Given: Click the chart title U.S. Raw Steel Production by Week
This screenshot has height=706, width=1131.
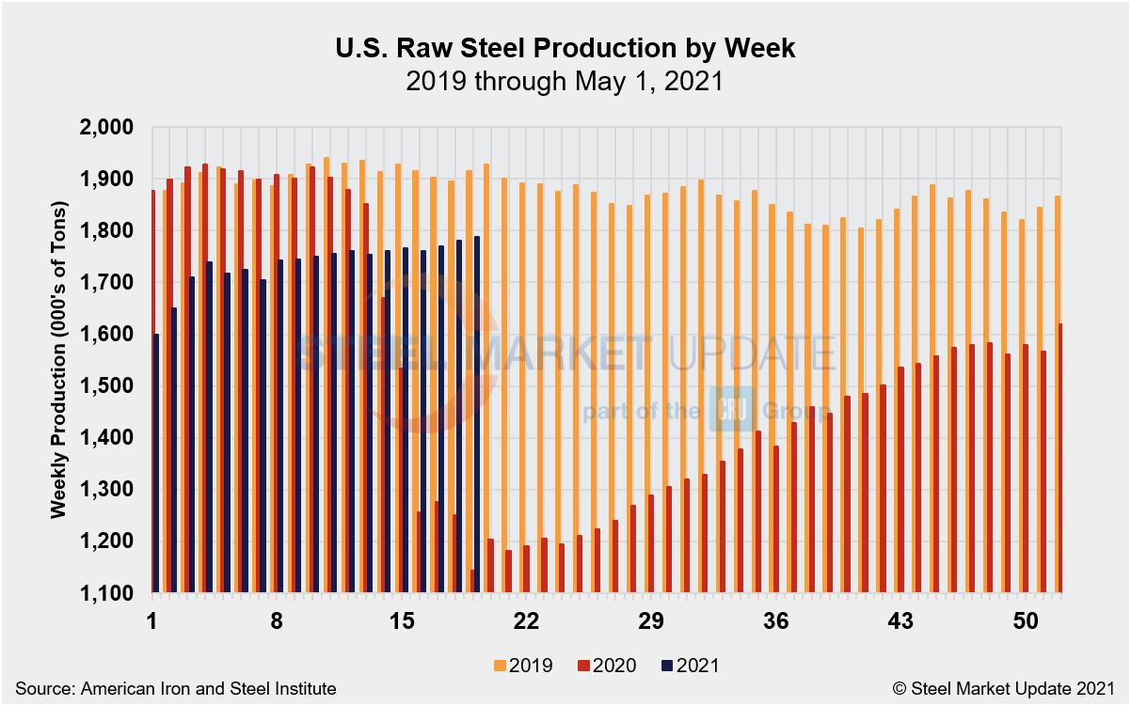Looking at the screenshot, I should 565,49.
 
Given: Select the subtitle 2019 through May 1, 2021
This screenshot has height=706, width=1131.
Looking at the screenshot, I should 565,82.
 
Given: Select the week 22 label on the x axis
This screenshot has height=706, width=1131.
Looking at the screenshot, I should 526,622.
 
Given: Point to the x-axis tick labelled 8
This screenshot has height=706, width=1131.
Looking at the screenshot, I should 277,622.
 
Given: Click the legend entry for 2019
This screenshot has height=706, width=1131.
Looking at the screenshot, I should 522,666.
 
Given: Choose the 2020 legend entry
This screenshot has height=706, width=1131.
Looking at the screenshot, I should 606,666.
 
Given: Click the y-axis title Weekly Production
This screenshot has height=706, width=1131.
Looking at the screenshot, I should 58,360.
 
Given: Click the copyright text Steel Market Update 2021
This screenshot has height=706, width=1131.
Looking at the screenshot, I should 1010,689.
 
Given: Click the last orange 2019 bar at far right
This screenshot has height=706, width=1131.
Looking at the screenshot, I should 1055,395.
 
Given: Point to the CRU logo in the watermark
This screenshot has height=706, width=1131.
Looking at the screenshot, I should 726,409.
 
